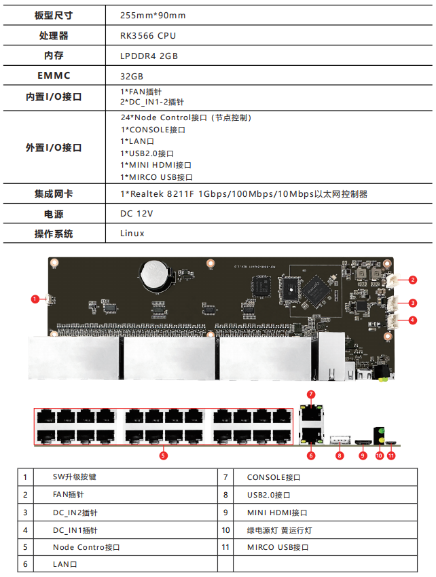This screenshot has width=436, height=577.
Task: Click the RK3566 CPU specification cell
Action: click(x=147, y=35)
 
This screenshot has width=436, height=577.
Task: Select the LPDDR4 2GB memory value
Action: click(x=149, y=56)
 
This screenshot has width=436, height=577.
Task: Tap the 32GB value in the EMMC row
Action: click(x=132, y=76)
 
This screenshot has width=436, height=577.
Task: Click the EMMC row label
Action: click(x=54, y=75)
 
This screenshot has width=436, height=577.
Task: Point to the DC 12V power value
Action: click(x=137, y=213)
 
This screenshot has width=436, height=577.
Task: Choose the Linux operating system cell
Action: click(x=132, y=233)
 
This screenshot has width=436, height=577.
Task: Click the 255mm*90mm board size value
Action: click(x=152, y=15)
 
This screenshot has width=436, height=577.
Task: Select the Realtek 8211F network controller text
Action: click(x=244, y=194)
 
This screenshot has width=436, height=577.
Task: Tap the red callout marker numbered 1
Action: click(x=35, y=298)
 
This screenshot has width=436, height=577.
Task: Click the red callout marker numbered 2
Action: click(x=412, y=279)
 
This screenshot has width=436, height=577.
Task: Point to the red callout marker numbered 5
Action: click(x=163, y=456)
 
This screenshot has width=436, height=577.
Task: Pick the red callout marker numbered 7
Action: click(x=310, y=394)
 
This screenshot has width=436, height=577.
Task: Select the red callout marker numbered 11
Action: click(x=391, y=456)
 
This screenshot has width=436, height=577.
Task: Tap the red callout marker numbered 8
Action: click(x=340, y=456)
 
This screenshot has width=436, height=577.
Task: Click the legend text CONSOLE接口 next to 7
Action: click(x=273, y=477)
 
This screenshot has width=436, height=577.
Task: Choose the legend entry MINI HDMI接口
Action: click(x=277, y=513)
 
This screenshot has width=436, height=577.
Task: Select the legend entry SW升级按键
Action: click(x=79, y=477)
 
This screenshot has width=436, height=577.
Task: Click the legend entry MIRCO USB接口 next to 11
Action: click(x=278, y=547)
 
